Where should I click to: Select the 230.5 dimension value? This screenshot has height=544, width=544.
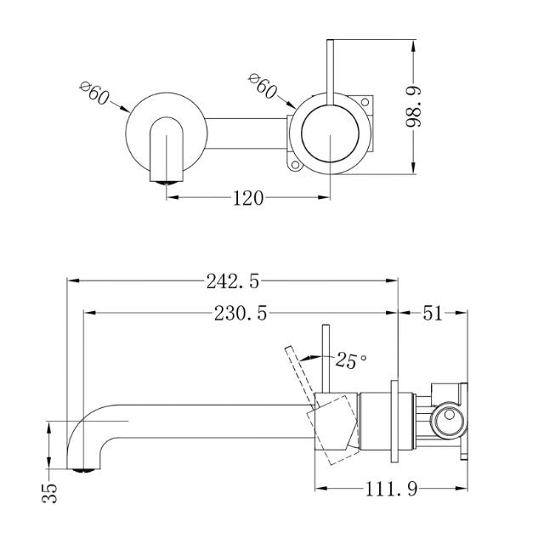click(x=240, y=313)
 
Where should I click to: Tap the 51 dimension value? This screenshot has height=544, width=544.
click(x=433, y=313)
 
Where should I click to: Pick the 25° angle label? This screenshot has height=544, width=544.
click(x=351, y=360)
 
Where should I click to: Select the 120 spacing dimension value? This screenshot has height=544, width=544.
click(x=247, y=198)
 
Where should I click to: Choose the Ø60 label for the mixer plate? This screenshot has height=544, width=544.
click(x=263, y=86)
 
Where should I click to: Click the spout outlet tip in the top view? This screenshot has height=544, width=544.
click(x=166, y=178)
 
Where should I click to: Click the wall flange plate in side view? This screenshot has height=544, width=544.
click(x=394, y=421)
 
